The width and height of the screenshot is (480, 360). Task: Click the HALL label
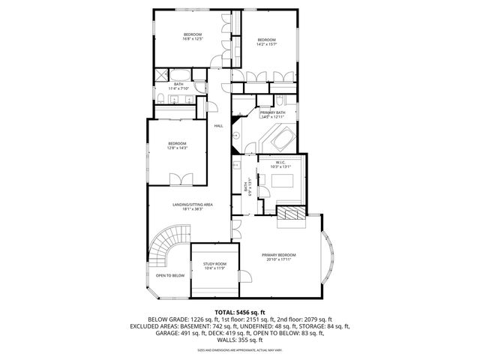click(x=218, y=125)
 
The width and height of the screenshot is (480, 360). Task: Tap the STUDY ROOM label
click(x=215, y=264)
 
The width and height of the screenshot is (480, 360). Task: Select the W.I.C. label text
click(x=281, y=163)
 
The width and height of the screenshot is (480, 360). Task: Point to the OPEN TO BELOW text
click(x=170, y=275)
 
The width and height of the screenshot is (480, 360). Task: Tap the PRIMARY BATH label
click(x=272, y=112)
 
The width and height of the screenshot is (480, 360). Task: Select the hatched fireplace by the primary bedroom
click(x=291, y=214)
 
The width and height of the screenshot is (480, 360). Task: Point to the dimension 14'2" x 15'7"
click(x=267, y=43)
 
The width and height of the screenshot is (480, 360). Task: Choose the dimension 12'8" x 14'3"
click(x=177, y=147)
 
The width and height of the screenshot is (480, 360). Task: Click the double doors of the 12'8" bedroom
click(x=180, y=178)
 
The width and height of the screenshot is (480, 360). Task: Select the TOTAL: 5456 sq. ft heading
click(x=240, y=310)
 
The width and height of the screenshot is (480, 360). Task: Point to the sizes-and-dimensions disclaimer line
click(x=240, y=350)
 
